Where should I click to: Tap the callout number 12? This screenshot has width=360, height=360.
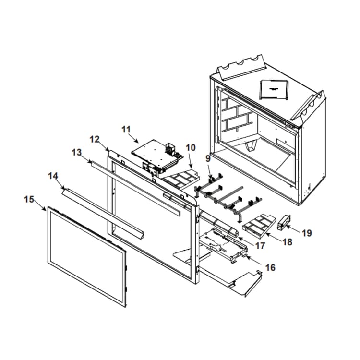point(95,139)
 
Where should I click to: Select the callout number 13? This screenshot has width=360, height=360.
point(76,152)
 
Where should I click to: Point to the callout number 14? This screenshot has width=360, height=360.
point(53,175)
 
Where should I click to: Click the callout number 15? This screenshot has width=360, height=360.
point(29,198)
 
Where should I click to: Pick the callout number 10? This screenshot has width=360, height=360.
point(191,147)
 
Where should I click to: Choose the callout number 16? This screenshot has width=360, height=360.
point(270,267)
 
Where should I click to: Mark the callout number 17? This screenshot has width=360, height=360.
point(260,245)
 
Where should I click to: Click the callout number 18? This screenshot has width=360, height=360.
point(287,242)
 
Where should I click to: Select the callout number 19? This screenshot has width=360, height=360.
point(307,233)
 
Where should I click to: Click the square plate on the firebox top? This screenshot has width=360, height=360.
point(273,88)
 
